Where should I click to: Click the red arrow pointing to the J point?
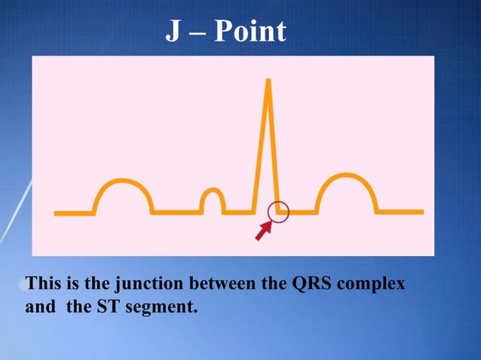click(262, 231)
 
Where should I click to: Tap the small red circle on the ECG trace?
click(279, 212)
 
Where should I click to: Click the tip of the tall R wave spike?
click(267, 80)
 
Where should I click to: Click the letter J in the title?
click(173, 32)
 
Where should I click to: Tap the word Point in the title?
click(250, 32)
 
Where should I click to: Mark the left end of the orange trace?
click(57, 213)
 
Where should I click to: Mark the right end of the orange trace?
click(421, 212)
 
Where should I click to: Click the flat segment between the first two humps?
click(176, 212)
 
